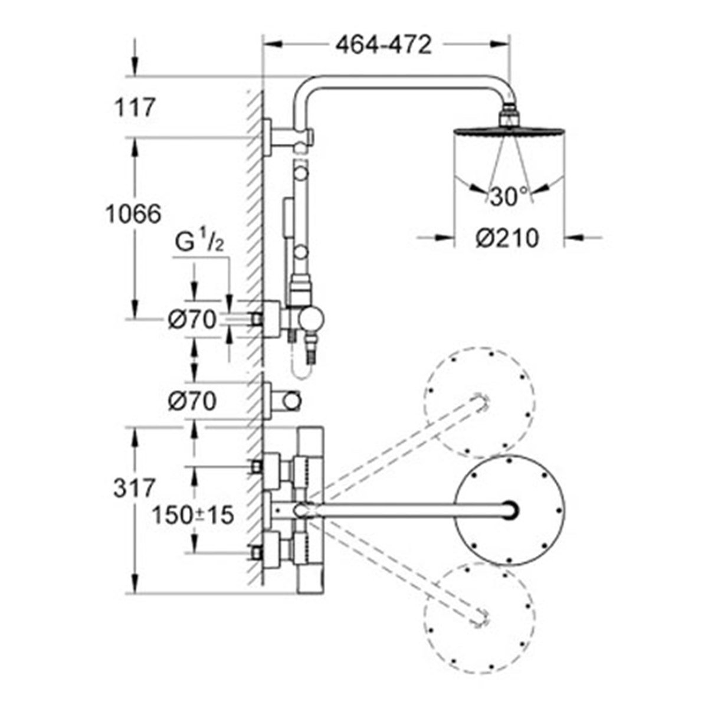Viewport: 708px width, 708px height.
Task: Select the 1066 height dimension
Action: (133, 214)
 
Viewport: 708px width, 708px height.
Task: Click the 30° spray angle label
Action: (509, 196)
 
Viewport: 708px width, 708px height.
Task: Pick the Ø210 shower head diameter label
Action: (507, 238)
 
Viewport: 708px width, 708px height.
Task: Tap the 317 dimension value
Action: (134, 489)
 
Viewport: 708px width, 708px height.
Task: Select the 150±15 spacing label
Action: (193, 515)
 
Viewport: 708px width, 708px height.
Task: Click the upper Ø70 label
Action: (192, 320)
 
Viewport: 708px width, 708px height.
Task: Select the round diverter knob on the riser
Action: (311, 320)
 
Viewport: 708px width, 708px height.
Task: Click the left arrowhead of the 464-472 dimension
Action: (273, 44)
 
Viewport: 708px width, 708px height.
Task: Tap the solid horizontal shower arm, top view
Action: (415, 510)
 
